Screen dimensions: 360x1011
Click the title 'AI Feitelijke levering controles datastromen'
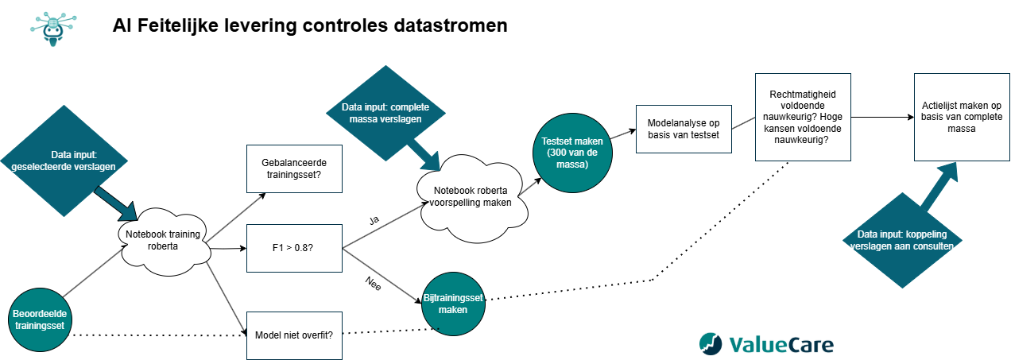click(310, 26)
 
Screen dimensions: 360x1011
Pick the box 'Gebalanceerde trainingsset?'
click(294, 168)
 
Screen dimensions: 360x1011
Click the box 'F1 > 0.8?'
click(294, 249)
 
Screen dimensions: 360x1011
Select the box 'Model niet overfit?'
click(294, 334)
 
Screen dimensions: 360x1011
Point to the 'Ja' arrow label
click(374, 219)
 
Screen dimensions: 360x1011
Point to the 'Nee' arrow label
click(373, 284)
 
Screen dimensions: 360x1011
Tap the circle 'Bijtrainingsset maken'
click(453, 303)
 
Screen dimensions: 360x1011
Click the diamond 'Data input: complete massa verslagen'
click(382, 112)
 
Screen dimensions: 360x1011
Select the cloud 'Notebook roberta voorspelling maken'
click(474, 196)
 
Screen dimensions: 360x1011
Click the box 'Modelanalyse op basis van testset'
click(684, 129)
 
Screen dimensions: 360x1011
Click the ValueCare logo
click(766, 343)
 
